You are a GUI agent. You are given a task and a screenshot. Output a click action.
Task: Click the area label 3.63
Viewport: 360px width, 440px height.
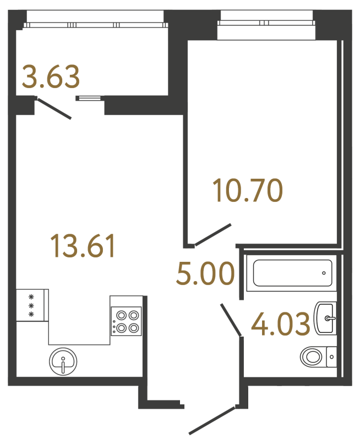click(51, 76)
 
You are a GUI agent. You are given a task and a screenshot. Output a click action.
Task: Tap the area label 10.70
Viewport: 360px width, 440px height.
click(248, 190)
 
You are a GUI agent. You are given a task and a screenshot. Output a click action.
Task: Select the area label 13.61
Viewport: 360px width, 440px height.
click(83, 246)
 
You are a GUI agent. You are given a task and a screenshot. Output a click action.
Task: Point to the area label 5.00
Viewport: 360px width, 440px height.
click(205, 273)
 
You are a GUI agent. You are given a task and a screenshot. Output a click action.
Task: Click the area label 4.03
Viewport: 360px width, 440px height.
click(281, 324)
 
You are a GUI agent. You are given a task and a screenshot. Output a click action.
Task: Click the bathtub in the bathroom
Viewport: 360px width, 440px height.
click(292, 273)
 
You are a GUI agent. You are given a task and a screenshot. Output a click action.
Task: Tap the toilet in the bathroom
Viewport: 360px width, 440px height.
click(318, 357)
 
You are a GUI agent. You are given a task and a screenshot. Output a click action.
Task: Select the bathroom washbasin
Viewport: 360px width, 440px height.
click(326, 318)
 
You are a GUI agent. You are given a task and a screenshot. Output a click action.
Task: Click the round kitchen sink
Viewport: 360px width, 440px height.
click(63, 361)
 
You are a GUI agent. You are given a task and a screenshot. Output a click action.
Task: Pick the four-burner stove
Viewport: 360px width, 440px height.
click(126, 321)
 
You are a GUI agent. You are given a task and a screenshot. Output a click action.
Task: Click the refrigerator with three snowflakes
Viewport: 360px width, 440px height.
click(32, 305)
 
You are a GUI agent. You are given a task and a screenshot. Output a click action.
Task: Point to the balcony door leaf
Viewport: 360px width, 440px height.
click(54, 108)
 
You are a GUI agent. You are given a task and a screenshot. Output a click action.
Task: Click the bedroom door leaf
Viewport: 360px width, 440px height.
click(213, 235)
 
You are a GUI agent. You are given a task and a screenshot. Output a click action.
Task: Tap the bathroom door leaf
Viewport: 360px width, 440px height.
click(231, 320)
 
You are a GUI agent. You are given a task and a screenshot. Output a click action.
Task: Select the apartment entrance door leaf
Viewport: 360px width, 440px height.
click(212, 421)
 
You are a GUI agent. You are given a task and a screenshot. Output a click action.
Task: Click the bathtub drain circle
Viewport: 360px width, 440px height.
click(324, 273)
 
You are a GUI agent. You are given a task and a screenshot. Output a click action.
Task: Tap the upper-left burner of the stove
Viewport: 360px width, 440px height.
click(121, 315)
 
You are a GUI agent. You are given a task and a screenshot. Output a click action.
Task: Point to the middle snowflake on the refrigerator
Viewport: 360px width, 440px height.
click(32, 305)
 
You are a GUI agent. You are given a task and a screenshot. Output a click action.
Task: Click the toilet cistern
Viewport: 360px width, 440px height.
click(332, 357)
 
